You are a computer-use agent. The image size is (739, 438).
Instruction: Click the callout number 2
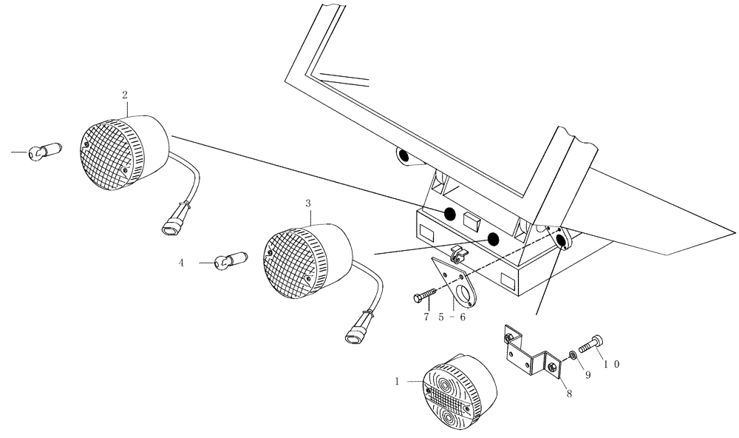click(x=124, y=95)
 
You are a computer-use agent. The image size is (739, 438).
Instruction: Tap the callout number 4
click(x=180, y=262)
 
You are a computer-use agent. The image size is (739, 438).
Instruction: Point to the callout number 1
click(x=398, y=382)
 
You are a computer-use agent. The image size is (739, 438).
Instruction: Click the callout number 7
click(x=426, y=317)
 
